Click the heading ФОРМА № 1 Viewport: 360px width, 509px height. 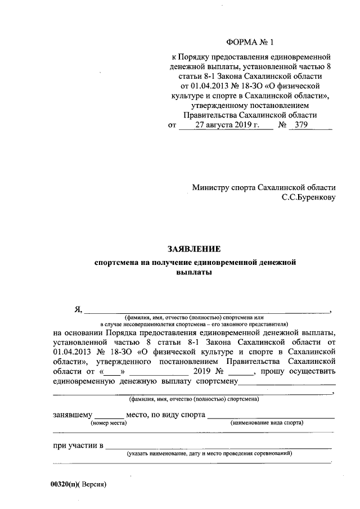[x=248, y=42]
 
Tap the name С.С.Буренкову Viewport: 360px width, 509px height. [x=309, y=197]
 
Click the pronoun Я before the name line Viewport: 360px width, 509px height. [x=78, y=308]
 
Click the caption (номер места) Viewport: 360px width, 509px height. [x=109, y=423]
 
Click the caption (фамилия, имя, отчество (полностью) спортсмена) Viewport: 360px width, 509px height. [x=193, y=399]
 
